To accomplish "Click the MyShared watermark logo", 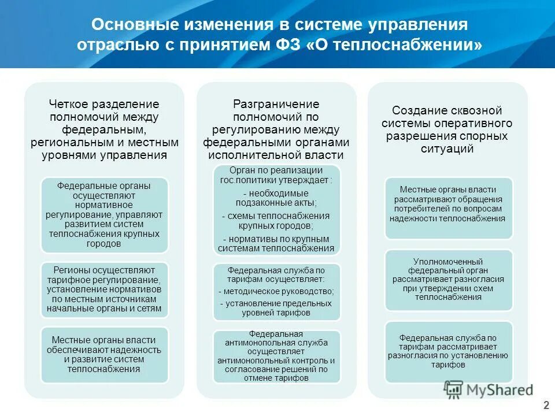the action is [489, 390].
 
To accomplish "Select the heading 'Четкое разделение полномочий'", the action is [104, 129].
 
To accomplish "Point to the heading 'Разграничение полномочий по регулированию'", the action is [276, 129].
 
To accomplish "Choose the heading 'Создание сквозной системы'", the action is [447, 129].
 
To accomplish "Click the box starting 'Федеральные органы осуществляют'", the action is [104, 215].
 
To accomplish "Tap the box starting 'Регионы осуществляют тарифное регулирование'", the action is [104, 289].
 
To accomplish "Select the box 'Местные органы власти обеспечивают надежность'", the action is [104, 355].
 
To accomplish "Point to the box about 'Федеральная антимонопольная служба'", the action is [276, 356].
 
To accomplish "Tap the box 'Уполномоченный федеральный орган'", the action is [448, 279].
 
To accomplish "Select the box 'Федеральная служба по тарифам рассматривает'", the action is [448, 351].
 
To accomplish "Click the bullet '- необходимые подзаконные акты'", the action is [276, 198].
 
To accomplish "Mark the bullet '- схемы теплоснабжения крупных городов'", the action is [276, 221].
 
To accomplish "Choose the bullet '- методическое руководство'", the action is [276, 291].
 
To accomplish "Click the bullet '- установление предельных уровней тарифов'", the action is [276, 307].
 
